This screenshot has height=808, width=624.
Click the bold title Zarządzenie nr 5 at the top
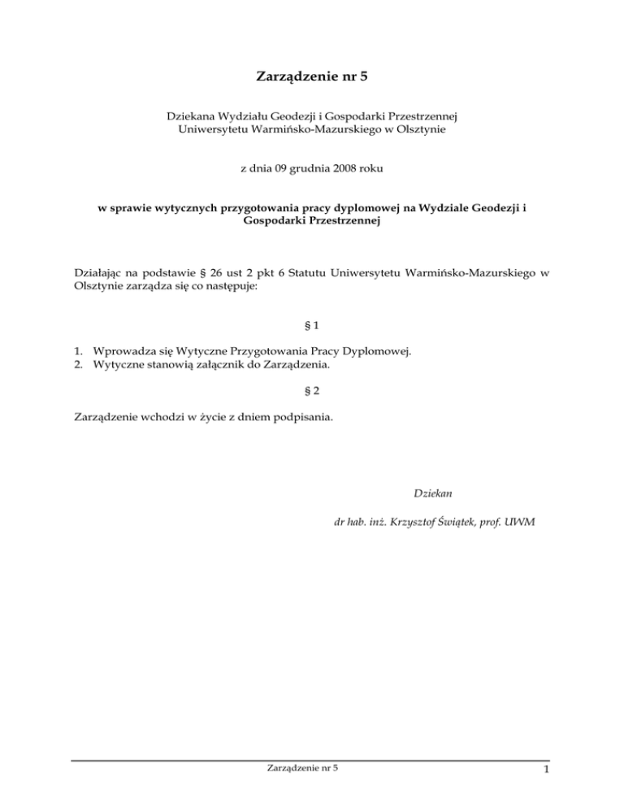coord(312,78)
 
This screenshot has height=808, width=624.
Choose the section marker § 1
coord(311,325)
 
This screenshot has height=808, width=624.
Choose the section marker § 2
coord(311,390)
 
